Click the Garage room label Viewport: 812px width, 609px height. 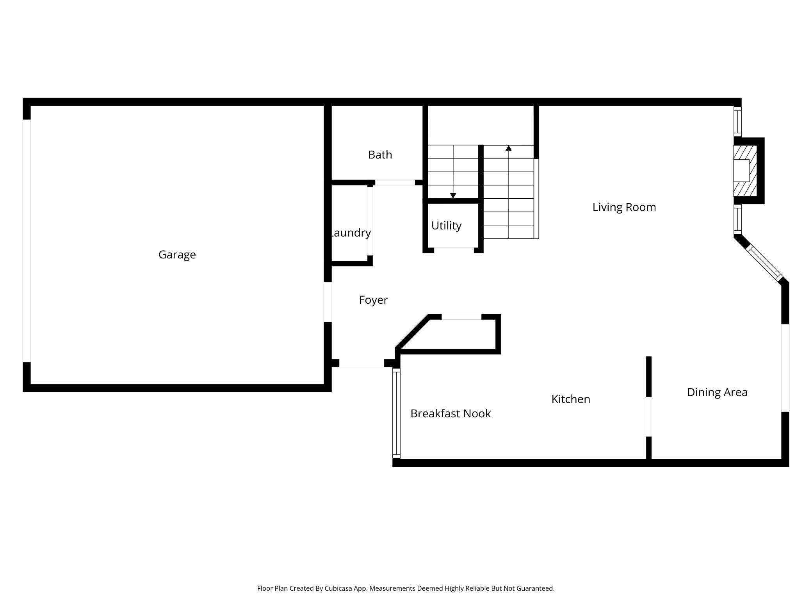177,255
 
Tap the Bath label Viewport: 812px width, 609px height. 380,155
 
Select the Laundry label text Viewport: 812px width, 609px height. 351,233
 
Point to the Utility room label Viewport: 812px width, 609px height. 446,226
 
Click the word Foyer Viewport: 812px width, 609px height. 373,300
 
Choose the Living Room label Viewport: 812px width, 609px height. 624,207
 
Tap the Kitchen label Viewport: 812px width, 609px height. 570,399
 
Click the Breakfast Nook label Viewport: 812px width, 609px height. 451,413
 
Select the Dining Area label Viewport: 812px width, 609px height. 717,392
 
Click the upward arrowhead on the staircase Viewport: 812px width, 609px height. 509,148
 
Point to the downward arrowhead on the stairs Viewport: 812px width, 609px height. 453,196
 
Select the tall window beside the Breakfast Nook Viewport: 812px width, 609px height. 396,413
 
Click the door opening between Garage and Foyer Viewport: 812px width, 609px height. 328,302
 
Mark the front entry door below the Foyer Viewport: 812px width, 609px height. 361,363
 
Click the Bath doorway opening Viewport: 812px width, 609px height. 395,182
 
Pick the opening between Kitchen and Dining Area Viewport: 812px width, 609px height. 648,416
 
